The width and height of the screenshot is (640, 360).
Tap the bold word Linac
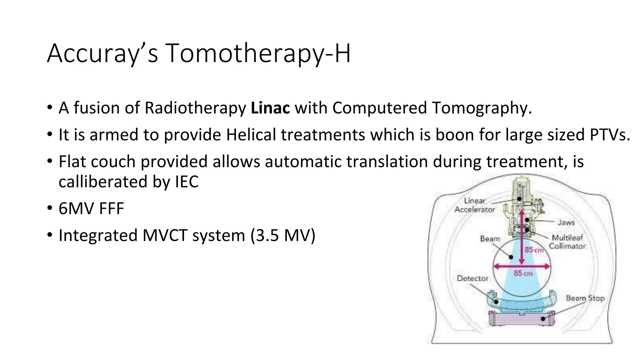click(270, 108)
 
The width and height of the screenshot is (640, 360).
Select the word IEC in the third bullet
click(187, 182)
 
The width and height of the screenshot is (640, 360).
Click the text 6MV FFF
click(91, 208)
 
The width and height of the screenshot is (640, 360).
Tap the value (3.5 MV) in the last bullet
click(283, 235)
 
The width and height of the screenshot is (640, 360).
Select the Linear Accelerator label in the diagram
click(474, 205)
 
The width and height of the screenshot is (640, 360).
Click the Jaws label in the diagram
click(566, 222)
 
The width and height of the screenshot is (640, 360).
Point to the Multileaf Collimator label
click(567, 242)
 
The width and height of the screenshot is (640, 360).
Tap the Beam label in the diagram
click(490, 239)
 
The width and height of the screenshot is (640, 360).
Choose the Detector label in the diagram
click(472, 278)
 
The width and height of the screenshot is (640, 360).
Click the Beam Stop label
click(585, 298)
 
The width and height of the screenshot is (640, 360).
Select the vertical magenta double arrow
click(521, 237)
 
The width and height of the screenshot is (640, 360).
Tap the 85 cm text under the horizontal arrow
click(523, 273)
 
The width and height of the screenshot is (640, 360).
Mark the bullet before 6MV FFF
click(50, 208)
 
